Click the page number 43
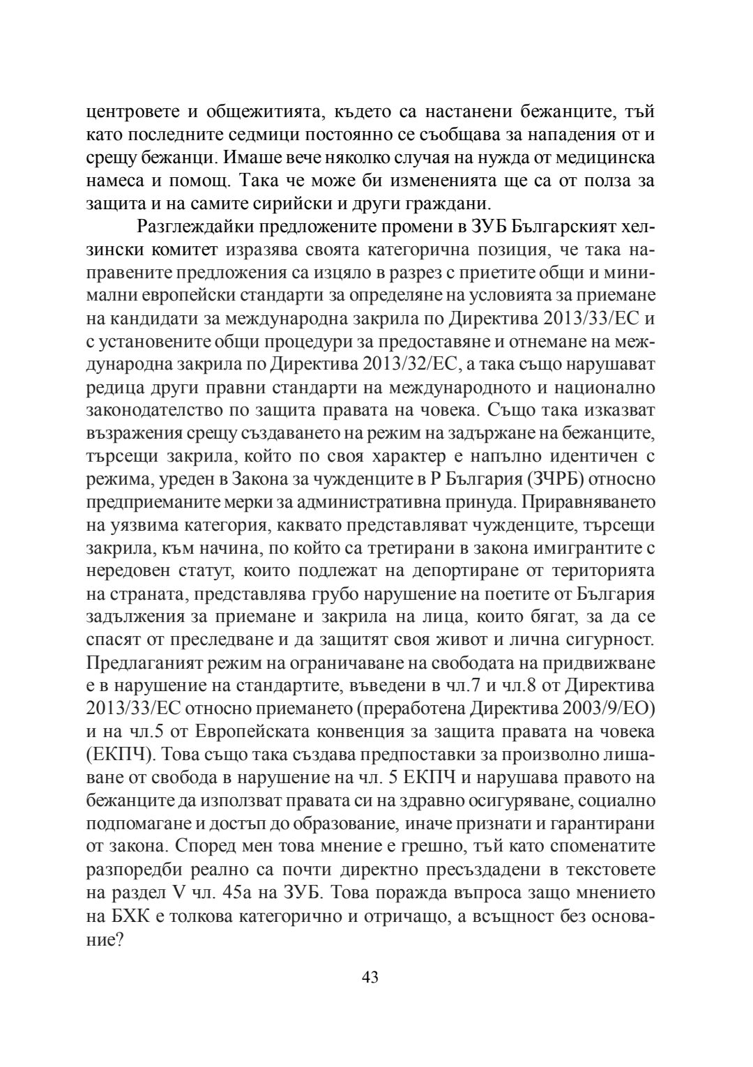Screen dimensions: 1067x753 pos(370,976)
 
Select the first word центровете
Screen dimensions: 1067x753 pos(130,111)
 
